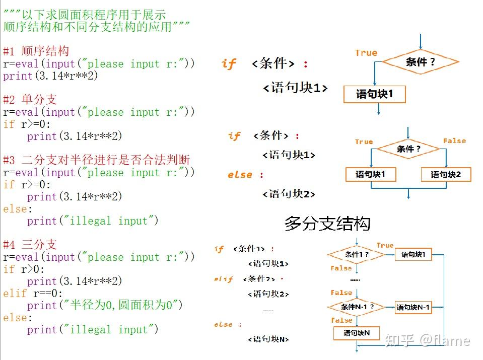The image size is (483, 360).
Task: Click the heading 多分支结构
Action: pyautogui.click(x=327, y=223)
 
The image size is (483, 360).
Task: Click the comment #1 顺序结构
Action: pyautogui.click(x=36, y=51)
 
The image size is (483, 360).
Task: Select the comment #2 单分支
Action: pyautogui.click(x=30, y=100)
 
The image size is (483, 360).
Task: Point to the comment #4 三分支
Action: pyautogui.click(x=30, y=245)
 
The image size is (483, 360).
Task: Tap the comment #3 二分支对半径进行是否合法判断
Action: pyautogui.click(x=96, y=160)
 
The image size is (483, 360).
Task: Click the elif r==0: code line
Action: pyautogui.click(x=33, y=293)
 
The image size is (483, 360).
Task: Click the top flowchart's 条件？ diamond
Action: pyautogui.click(x=420, y=62)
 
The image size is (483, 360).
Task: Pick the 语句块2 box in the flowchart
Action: pyautogui.click(x=446, y=175)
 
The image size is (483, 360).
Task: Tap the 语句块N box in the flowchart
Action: pyautogui.click(x=357, y=333)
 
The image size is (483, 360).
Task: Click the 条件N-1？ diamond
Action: pyautogui.click(x=357, y=307)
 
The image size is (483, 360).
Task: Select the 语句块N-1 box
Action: pyautogui.click(x=413, y=307)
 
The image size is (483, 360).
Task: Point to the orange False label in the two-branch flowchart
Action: pyautogui.click(x=454, y=141)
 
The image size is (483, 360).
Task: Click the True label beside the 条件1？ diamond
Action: pyautogui.click(x=385, y=245)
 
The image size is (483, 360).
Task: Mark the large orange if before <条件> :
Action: pyautogui.click(x=228, y=64)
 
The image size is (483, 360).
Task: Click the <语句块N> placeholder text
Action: pyautogui.click(x=268, y=339)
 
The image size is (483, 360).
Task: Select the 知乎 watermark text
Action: pyautogui.click(x=400, y=341)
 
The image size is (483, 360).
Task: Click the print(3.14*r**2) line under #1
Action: pyautogui.click(x=50, y=76)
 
